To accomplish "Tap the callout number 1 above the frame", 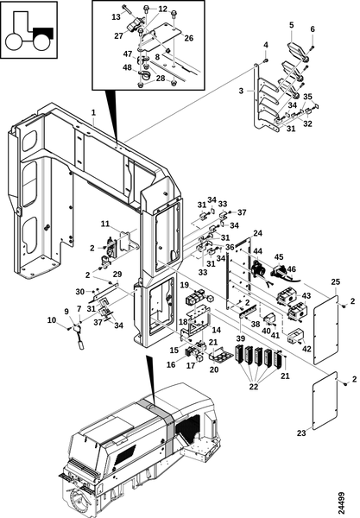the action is tap(93, 112).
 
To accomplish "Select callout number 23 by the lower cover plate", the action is tap(301, 433).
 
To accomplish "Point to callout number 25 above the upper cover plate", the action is tap(336, 282).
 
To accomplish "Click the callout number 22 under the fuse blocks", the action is tap(254, 386).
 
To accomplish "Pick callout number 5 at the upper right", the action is tap(291, 25).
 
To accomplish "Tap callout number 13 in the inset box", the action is tap(117, 16).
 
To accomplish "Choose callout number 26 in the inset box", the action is tap(188, 38).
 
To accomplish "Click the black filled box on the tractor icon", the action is tap(43, 34).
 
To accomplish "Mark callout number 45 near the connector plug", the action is tap(279, 257).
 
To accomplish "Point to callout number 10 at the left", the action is tap(52, 320).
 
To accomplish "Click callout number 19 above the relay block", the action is tap(184, 285).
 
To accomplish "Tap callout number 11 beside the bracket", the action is tap(105, 224).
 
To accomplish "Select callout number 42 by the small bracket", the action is tap(306, 348).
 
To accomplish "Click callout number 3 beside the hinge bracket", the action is tap(241, 91).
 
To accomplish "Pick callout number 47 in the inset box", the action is tap(128, 54).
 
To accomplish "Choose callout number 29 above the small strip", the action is tap(117, 275).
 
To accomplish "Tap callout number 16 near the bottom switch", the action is tap(171, 364).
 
